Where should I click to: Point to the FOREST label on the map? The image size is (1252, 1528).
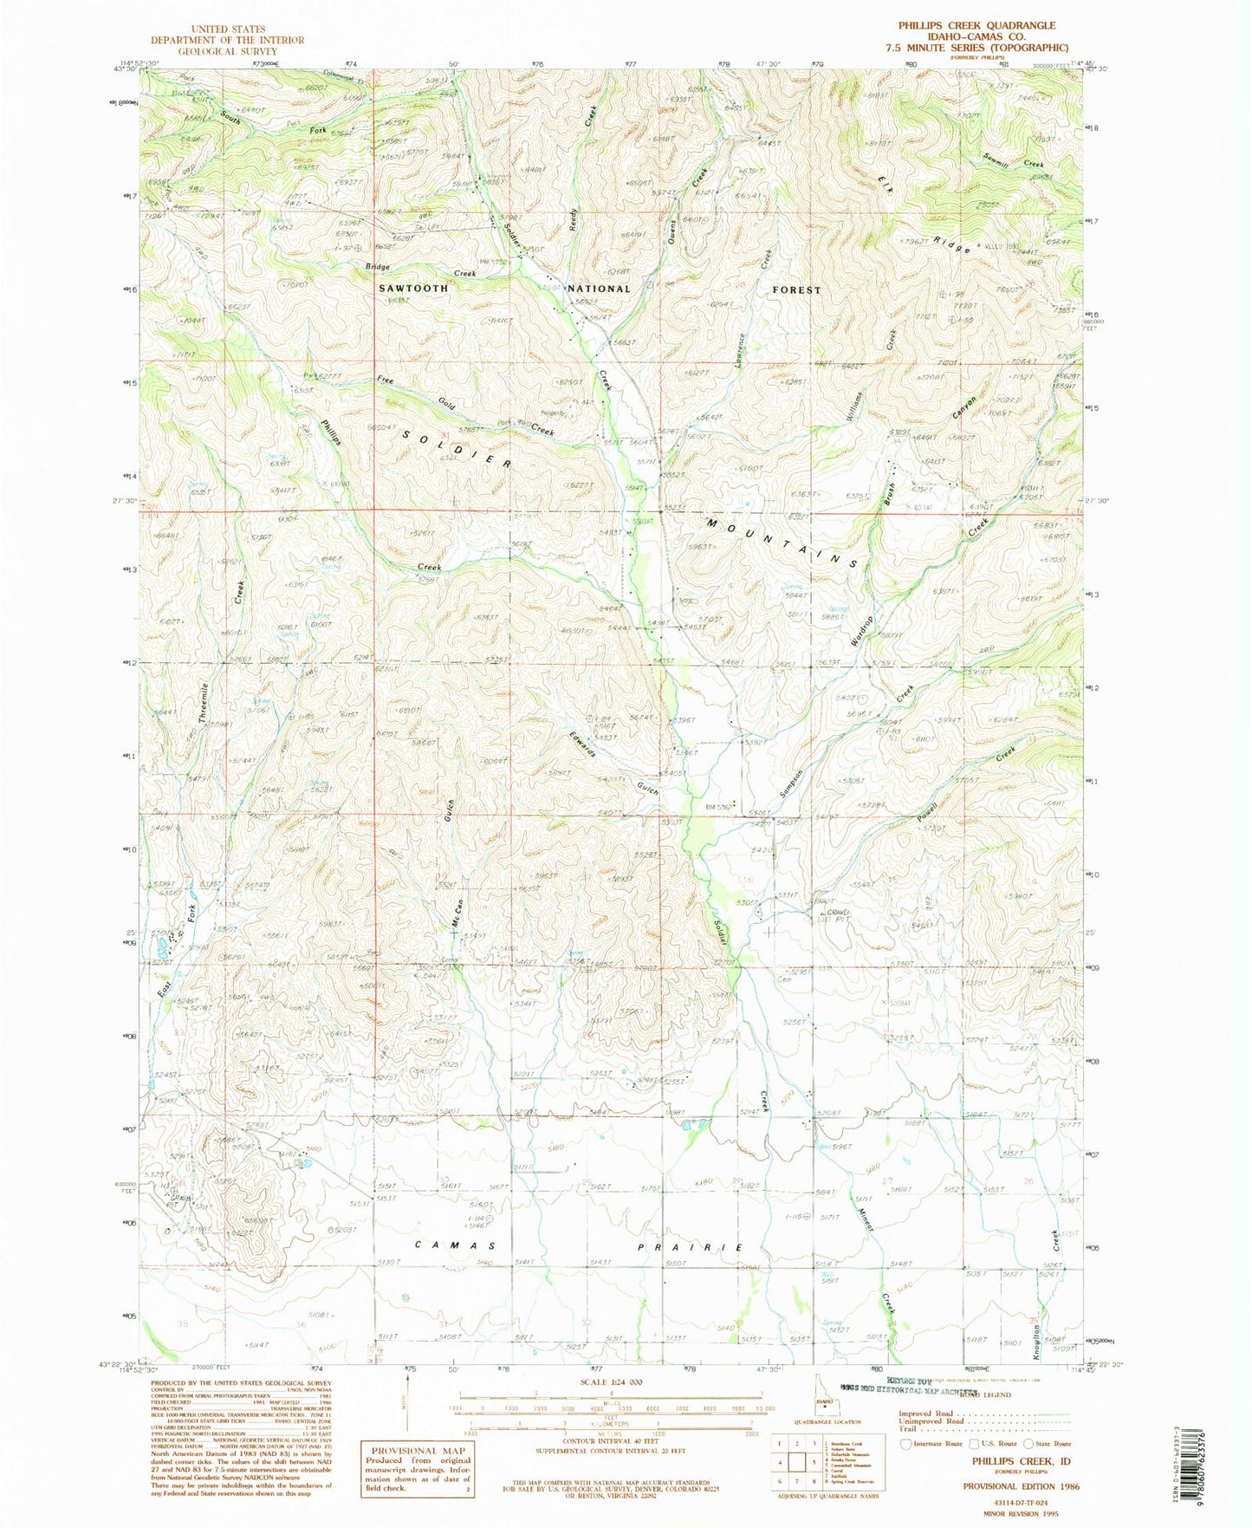point(795,290)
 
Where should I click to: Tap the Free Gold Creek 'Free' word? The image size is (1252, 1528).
point(386,380)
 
